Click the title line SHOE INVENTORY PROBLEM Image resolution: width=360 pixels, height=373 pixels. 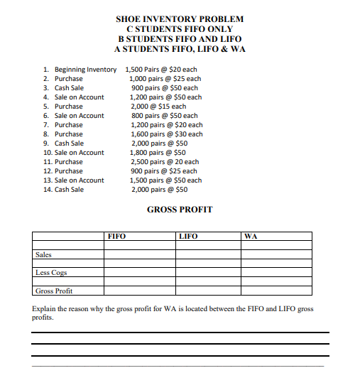[179, 18]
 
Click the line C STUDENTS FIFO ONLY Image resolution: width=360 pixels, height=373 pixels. [179, 28]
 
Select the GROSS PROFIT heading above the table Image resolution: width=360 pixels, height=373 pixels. [180, 209]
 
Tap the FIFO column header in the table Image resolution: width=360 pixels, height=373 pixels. [116, 236]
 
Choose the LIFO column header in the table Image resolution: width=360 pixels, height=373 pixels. [188, 236]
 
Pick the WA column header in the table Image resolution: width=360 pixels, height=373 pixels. [251, 236]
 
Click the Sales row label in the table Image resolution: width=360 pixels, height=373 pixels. [43, 254]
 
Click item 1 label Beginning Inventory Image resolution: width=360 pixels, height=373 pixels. [85, 70]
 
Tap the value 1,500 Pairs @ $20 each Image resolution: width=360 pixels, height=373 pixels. [163, 70]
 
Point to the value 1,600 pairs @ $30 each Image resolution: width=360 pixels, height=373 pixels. [166, 134]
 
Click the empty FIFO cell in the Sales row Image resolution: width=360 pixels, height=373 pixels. [138, 254]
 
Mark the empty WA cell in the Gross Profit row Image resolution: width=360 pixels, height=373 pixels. [276, 291]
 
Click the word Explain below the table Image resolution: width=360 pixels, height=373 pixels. [45, 309]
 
